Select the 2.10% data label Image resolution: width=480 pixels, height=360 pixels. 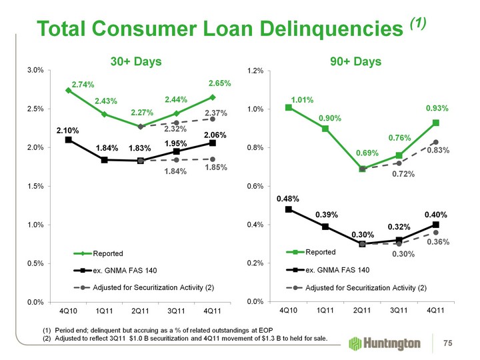coord(68,130)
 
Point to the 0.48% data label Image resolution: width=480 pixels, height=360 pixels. coord(288,199)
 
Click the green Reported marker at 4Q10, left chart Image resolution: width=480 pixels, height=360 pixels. coord(68,90)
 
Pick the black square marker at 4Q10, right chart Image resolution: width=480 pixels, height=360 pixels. coord(288,209)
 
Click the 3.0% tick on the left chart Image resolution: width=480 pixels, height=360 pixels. coord(35,70)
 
